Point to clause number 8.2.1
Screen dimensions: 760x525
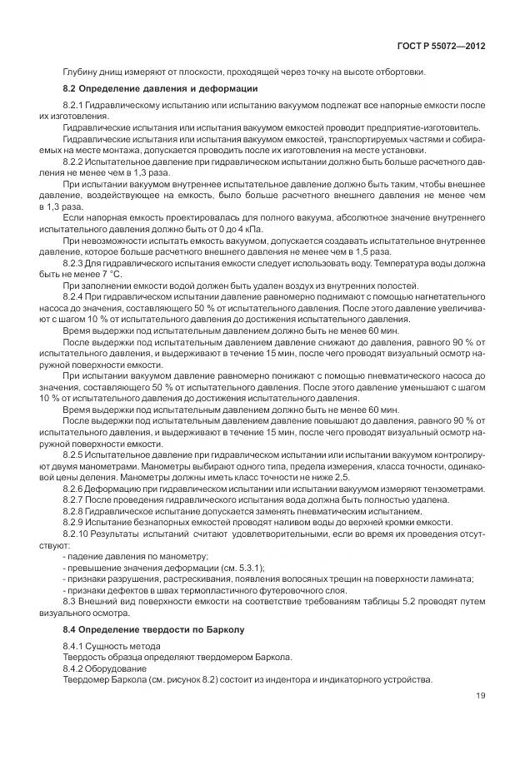pos(77,107)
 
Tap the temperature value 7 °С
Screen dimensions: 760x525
pos(110,272)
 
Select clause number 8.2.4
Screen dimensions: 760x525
pos(77,296)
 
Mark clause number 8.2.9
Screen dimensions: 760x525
pos(77,522)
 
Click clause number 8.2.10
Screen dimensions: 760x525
pos(80,533)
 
